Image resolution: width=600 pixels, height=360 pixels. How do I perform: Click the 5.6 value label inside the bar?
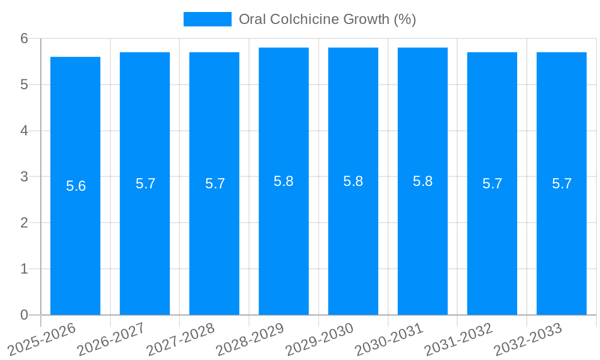(76, 186)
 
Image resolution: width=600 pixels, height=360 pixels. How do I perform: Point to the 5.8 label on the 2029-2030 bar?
(353, 181)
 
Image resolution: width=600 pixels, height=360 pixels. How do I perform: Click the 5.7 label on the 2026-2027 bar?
(145, 184)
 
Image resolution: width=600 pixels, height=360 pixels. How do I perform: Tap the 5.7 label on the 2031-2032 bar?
(492, 184)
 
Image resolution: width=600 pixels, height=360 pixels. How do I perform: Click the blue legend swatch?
(207, 19)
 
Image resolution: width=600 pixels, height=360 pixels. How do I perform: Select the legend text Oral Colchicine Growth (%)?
(327, 19)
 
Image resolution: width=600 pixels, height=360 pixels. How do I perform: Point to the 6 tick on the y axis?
(24, 38)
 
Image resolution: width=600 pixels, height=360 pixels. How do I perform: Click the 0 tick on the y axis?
(24, 315)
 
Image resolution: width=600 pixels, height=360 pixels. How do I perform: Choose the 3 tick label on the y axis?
(24, 177)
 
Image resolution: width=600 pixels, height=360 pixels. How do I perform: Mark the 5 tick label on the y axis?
(24, 85)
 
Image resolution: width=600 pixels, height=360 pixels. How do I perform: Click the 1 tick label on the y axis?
(24, 269)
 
